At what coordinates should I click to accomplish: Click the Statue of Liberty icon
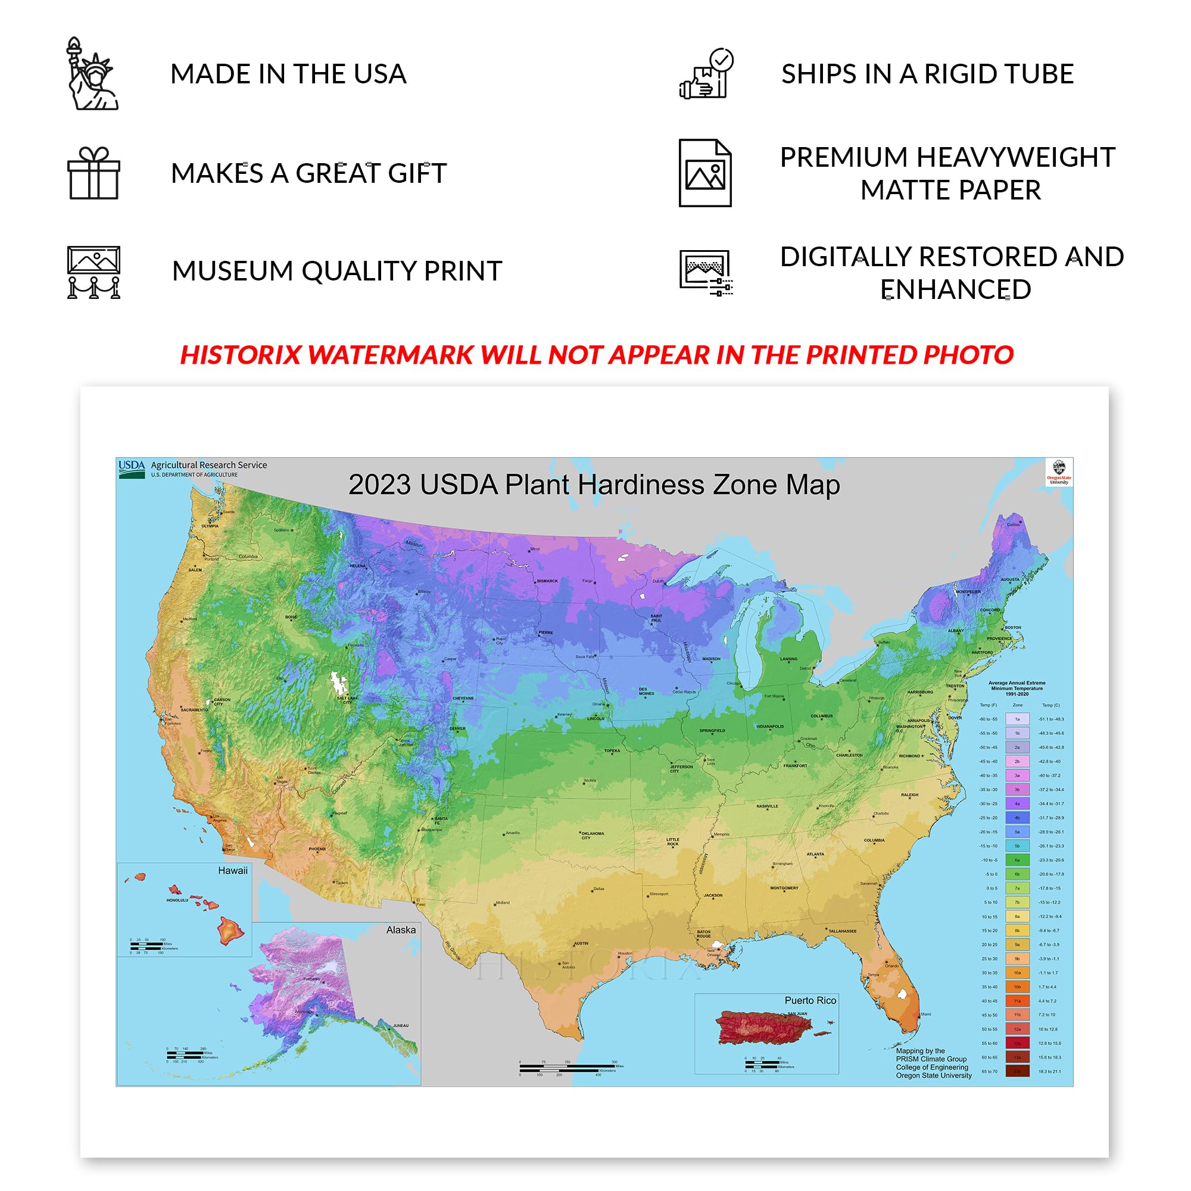pyautogui.click(x=92, y=74)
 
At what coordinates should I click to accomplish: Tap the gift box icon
pyautogui.click(x=93, y=173)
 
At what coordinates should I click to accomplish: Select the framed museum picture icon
pyautogui.click(x=93, y=272)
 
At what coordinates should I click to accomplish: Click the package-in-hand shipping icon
pyautogui.click(x=706, y=74)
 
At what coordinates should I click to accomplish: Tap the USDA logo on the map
pyautogui.click(x=131, y=468)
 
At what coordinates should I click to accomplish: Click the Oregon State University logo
pyautogui.click(x=1058, y=472)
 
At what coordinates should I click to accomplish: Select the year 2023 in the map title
pyautogui.click(x=379, y=485)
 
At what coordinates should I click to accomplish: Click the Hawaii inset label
pyautogui.click(x=232, y=871)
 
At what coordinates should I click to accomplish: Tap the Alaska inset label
pyautogui.click(x=401, y=930)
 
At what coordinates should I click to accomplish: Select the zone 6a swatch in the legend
pyautogui.click(x=1017, y=860)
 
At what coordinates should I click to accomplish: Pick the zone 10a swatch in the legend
pyautogui.click(x=1017, y=973)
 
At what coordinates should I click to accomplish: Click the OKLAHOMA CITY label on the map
pyautogui.click(x=592, y=835)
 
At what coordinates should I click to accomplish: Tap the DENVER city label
pyautogui.click(x=457, y=729)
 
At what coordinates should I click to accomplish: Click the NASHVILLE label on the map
pyautogui.click(x=767, y=806)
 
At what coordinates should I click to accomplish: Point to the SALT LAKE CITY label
pyautogui.click(x=347, y=700)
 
